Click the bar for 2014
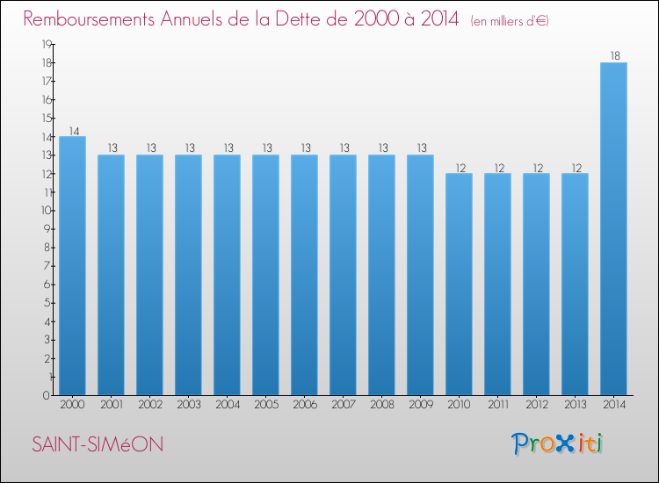[613, 228]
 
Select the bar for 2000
[72, 265]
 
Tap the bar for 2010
[459, 284]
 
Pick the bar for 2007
[343, 275]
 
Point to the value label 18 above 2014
[613, 55]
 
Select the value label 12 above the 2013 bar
[575, 167]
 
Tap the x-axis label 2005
[265, 404]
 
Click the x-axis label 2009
[420, 404]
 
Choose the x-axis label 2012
[536, 404]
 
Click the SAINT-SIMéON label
[98, 445]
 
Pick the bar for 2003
[188, 275]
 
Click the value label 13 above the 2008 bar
[381, 148]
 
